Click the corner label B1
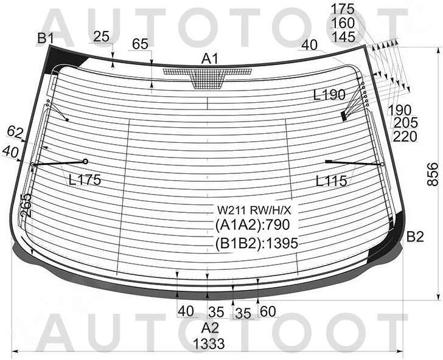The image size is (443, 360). pyautogui.click(x=46, y=38)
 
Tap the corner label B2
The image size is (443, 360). pyautogui.click(x=415, y=237)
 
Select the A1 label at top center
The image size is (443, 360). pyautogui.click(x=210, y=59)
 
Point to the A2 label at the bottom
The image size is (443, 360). pyautogui.click(x=210, y=328)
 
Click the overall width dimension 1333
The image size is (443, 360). pyautogui.click(x=209, y=344)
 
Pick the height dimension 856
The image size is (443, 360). pyautogui.click(x=433, y=174)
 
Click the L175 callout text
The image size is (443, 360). pyautogui.click(x=85, y=179)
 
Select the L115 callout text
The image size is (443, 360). pyautogui.click(x=332, y=181)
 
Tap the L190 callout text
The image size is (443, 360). pyautogui.click(x=329, y=95)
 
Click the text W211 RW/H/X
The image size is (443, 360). pyautogui.click(x=254, y=210)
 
